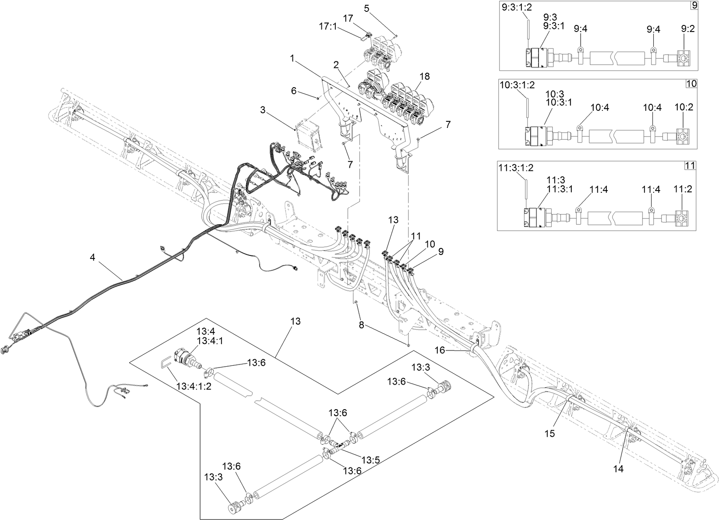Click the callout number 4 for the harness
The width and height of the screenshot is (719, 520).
click(x=92, y=258)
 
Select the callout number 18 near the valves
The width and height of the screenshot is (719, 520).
click(x=424, y=76)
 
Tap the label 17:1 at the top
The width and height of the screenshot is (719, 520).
click(x=328, y=26)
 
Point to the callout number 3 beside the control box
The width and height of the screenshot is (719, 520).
click(x=263, y=110)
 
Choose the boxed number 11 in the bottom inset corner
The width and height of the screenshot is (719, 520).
click(x=690, y=166)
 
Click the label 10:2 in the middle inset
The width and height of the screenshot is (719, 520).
click(x=684, y=107)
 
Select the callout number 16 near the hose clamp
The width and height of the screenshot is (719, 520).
click(x=440, y=350)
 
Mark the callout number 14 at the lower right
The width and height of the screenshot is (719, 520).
click(x=618, y=469)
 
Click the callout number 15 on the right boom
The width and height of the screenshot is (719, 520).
click(x=550, y=433)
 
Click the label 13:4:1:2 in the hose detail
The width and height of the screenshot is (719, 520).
click(x=194, y=387)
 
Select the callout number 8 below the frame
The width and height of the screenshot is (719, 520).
click(x=361, y=325)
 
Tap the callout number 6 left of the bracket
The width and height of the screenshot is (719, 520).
click(x=294, y=91)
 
